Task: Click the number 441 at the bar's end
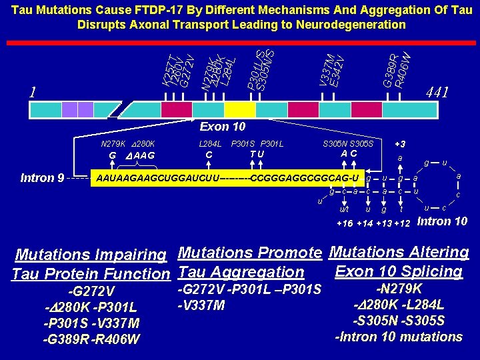point(437,92)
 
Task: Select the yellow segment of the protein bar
point(239,109)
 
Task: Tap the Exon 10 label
point(223,127)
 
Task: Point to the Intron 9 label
point(43,178)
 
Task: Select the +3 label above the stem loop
point(400,143)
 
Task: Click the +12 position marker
point(402,223)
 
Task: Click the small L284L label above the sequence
point(210,143)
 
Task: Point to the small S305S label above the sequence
point(363,143)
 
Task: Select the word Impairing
point(133,255)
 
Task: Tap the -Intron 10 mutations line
point(398,337)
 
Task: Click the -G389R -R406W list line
point(91,339)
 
